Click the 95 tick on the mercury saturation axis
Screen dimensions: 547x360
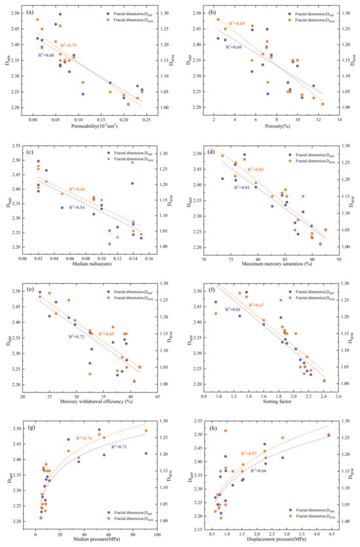pyautogui.click(x=339, y=252)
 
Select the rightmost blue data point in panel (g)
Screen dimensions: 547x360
pyautogui.click(x=145, y=453)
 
